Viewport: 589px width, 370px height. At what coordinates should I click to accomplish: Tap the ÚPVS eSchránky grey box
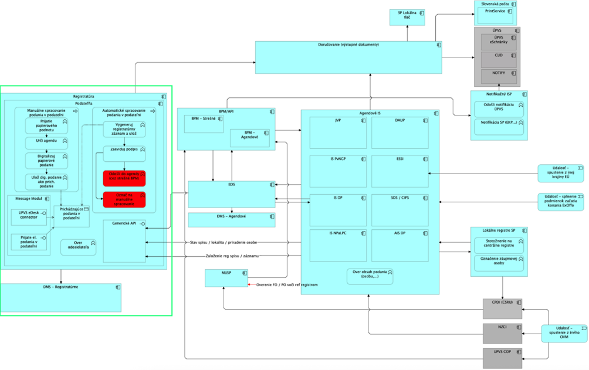[497, 42]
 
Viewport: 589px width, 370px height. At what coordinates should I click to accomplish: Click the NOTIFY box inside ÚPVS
[497, 76]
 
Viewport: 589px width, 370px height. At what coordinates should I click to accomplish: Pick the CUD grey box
[497, 59]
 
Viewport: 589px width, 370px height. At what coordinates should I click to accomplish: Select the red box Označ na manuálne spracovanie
[124, 199]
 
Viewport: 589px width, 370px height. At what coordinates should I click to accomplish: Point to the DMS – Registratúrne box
[61, 298]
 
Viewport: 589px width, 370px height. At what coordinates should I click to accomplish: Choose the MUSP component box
[226, 278]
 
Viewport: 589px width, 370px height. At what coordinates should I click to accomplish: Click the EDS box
[231, 194]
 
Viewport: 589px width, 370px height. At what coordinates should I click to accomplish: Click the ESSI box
[400, 170]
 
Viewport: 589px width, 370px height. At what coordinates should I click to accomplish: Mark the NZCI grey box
[502, 333]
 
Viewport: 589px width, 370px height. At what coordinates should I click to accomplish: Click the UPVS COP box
[502, 357]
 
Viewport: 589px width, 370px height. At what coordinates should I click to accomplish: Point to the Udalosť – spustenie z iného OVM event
[564, 333]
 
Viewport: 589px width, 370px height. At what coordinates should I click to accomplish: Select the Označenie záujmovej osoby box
[497, 263]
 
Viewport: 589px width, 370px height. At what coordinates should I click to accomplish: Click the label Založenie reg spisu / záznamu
[224, 256]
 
